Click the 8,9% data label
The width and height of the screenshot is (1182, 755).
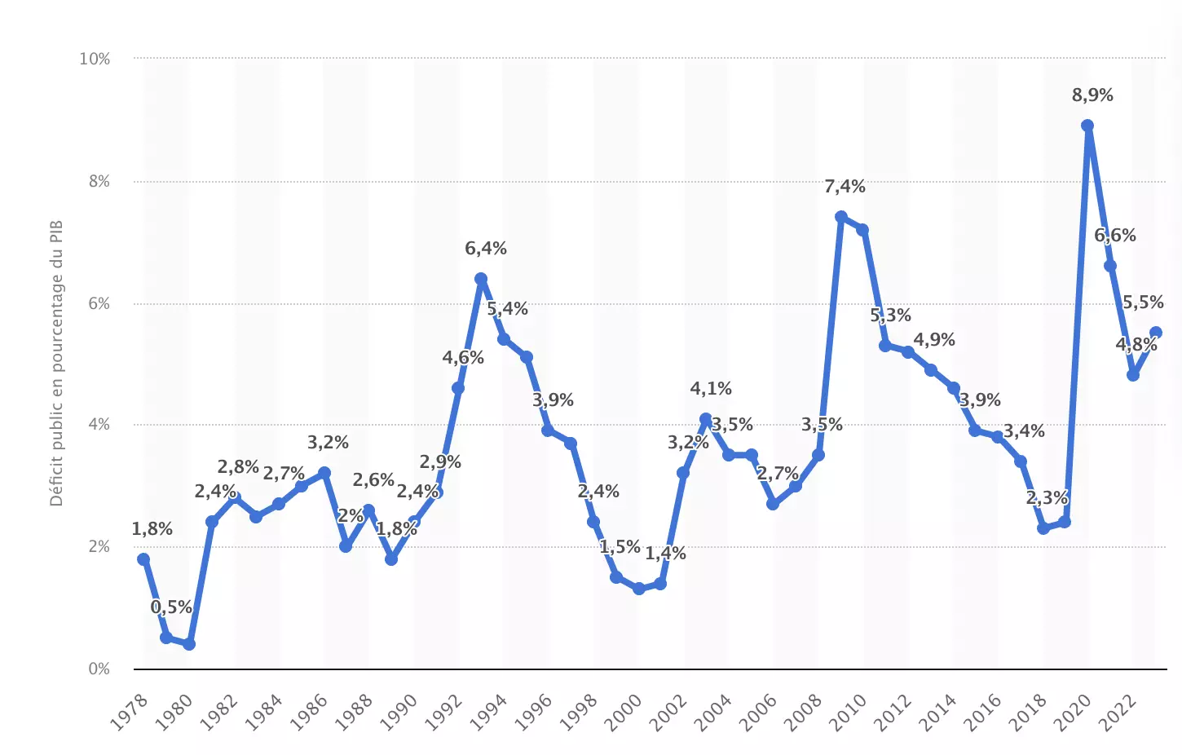(x=1092, y=95)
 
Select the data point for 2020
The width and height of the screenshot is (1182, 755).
(x=1087, y=126)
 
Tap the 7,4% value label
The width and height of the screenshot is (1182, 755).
(x=845, y=187)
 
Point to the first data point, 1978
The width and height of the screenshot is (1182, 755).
(x=143, y=559)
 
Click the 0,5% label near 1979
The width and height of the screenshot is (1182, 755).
(x=171, y=607)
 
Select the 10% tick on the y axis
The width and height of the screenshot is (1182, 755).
(x=95, y=59)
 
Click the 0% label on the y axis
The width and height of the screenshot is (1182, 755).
(x=99, y=669)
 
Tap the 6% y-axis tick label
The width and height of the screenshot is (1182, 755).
(x=99, y=303)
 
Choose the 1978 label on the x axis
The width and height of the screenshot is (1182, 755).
(x=130, y=712)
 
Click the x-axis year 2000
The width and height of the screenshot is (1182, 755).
(x=624, y=712)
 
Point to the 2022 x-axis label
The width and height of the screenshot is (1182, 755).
(x=1118, y=712)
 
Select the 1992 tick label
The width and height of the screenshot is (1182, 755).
(x=444, y=712)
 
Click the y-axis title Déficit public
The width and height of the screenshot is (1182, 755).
(x=56, y=363)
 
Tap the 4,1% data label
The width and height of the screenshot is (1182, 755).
(x=711, y=389)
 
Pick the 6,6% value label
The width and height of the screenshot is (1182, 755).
(x=1114, y=236)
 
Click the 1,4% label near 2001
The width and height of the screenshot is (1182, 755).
(x=665, y=554)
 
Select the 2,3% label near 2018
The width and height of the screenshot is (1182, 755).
(x=1047, y=498)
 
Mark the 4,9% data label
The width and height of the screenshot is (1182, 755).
(x=933, y=340)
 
